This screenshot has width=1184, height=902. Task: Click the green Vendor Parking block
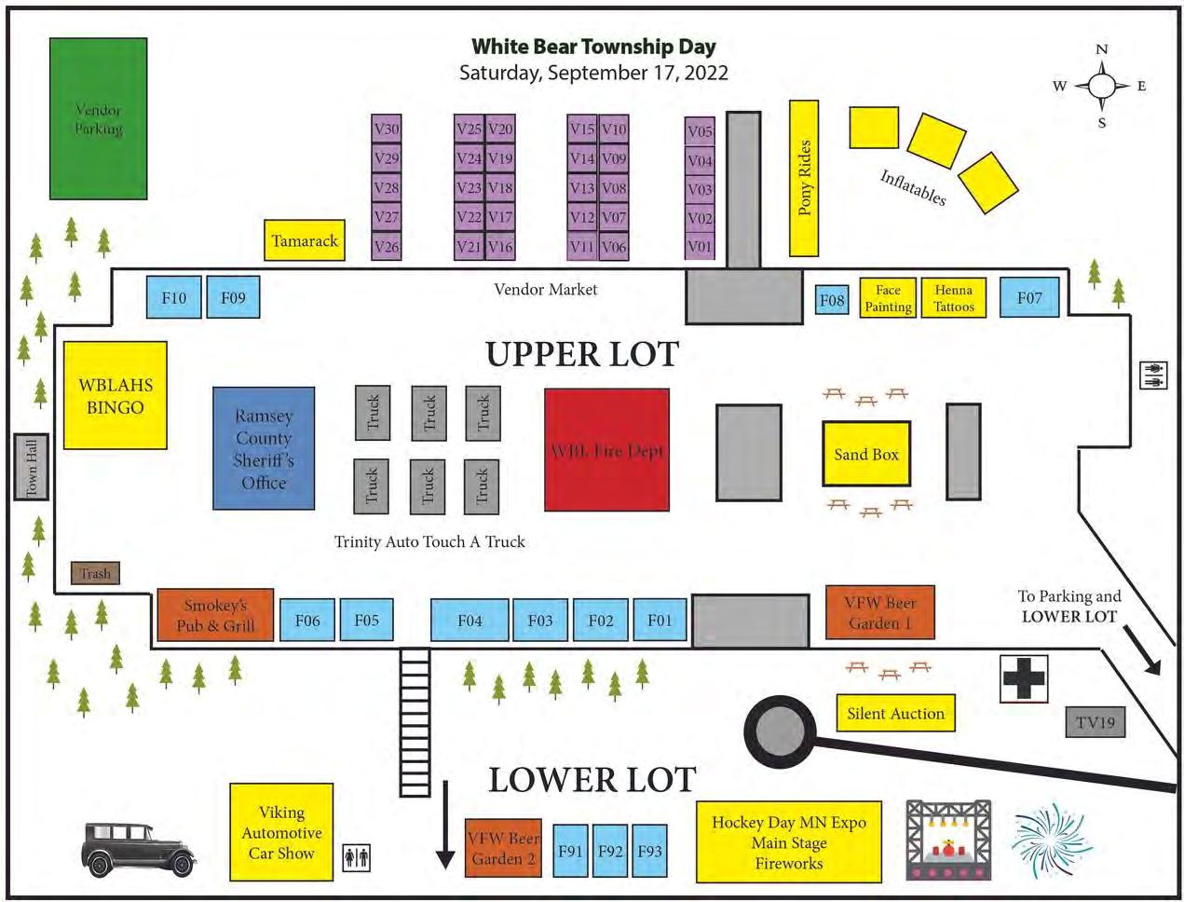click(x=98, y=118)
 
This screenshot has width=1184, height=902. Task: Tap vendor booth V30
click(x=387, y=130)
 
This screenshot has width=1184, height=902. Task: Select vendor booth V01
click(x=700, y=247)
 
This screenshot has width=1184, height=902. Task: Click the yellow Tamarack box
click(x=305, y=240)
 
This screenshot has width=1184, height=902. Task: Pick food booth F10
click(x=174, y=298)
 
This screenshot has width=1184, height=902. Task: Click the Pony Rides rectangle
click(x=804, y=178)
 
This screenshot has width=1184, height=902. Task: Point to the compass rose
click(x=1102, y=87)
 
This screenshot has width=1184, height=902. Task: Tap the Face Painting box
click(x=888, y=298)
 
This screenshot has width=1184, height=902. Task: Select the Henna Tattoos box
click(x=954, y=298)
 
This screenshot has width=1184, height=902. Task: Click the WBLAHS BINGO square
click(x=116, y=396)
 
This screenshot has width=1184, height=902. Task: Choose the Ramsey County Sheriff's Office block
click(x=264, y=449)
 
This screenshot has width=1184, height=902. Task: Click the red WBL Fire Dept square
click(x=607, y=450)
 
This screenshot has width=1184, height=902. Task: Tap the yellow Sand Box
click(x=866, y=454)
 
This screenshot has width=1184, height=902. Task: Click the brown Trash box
click(x=95, y=574)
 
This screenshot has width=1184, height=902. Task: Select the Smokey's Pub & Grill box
click(x=215, y=615)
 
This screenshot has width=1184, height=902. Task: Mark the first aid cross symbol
click(x=1024, y=678)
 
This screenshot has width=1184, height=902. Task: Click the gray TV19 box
click(x=1095, y=722)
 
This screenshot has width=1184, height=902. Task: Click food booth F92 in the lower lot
click(x=611, y=851)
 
